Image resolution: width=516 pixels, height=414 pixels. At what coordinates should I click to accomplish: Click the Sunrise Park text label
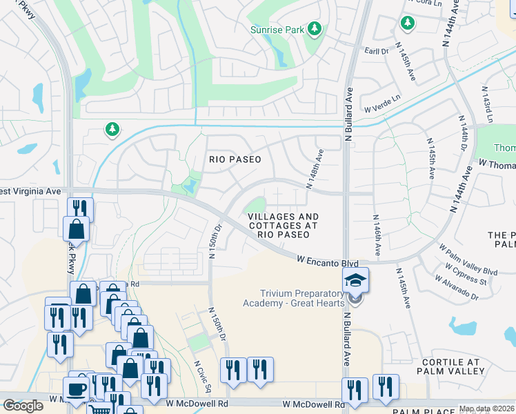pos(277,29)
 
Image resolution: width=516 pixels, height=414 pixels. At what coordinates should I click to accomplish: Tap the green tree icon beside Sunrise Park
pos(315,28)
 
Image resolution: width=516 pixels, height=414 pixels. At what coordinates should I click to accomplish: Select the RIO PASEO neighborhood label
pos(235,159)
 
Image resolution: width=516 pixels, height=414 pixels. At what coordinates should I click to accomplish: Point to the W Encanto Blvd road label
pos(328,263)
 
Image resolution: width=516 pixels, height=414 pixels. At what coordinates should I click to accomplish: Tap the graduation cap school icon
pos(355,280)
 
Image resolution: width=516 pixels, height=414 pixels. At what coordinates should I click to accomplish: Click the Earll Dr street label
pos(377,51)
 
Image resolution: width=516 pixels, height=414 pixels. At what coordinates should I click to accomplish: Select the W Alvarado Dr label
pos(457,288)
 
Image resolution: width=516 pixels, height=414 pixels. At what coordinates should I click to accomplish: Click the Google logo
pos(23,406)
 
